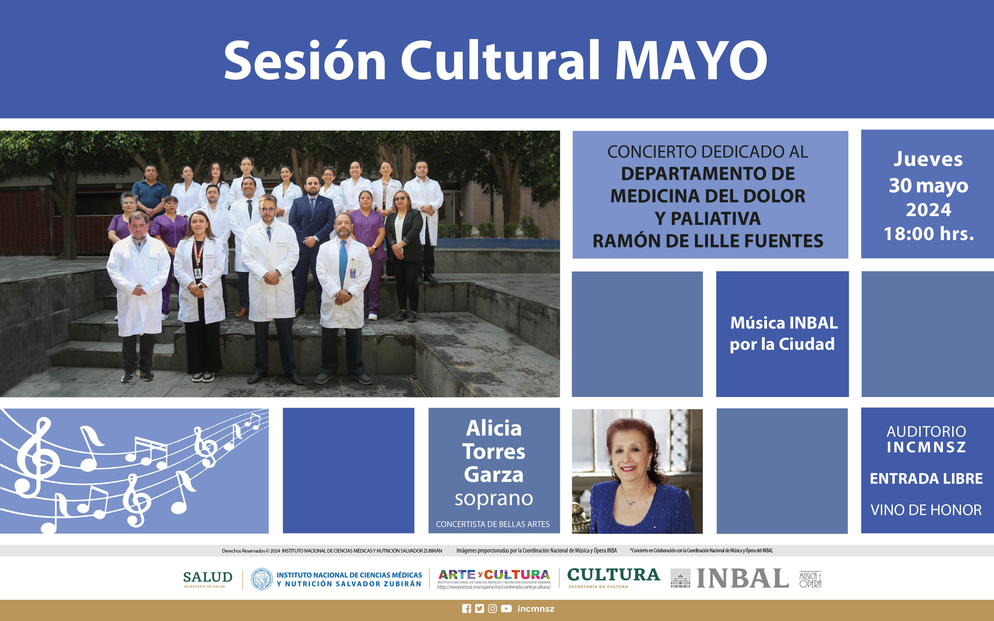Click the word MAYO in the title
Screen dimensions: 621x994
(691, 61)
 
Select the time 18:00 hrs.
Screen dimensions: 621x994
(929, 234)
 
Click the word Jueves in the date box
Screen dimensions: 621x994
(928, 159)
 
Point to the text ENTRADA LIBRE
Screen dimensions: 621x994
(926, 479)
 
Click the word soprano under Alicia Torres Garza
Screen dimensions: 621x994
(494, 499)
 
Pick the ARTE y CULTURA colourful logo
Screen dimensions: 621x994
(494, 574)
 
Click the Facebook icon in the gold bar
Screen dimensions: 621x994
(467, 609)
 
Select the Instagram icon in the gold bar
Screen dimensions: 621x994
(492, 609)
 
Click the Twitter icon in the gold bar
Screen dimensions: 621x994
(479, 609)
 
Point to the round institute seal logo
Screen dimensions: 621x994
(262, 579)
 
